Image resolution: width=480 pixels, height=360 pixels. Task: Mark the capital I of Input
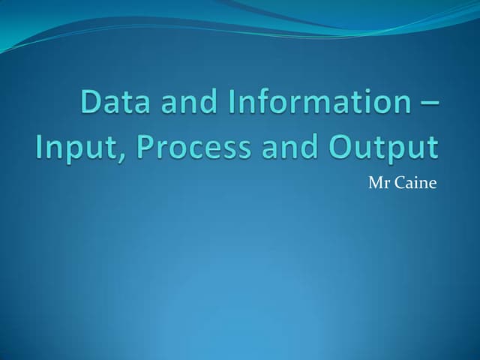coord(40,145)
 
